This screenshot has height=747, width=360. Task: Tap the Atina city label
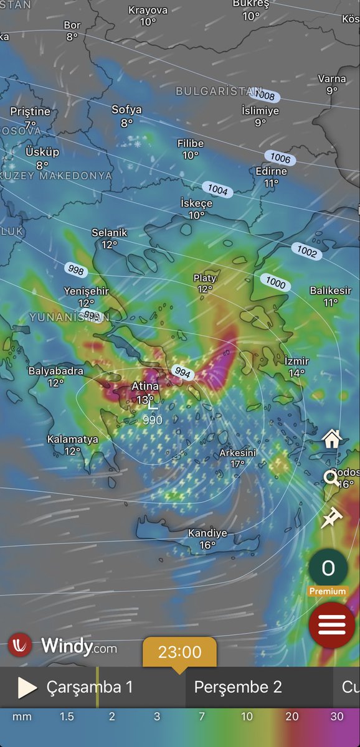145,387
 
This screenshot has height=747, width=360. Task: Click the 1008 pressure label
265,96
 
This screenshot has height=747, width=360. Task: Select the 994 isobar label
184,373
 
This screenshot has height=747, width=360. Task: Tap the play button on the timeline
27,687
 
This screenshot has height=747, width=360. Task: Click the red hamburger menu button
332,626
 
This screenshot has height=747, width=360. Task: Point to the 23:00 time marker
179,652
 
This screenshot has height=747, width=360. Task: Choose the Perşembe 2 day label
238,687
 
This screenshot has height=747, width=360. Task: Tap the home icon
331,439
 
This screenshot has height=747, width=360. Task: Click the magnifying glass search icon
330,478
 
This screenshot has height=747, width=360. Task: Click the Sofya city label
126,110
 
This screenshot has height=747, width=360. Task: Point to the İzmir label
296,361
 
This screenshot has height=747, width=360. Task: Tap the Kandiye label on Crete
207,533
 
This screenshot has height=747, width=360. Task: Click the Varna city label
332,79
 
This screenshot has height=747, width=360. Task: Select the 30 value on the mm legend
337,716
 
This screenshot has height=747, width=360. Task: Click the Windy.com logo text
78,646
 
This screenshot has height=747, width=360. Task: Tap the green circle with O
328,568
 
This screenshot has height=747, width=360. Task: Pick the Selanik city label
110,233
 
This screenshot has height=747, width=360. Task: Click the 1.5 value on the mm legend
67,716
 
